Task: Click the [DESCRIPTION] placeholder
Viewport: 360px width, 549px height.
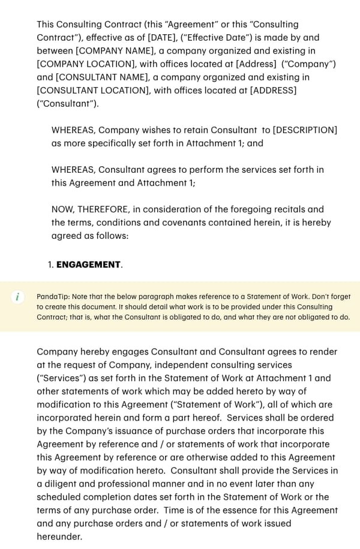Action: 305,130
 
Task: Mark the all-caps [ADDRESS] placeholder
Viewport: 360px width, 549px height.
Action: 273,91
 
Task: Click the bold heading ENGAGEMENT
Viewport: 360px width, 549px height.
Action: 89,265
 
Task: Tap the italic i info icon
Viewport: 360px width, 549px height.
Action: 17,297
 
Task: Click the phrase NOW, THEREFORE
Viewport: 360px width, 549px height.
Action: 89,209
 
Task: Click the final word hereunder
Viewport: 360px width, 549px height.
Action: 59,536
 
